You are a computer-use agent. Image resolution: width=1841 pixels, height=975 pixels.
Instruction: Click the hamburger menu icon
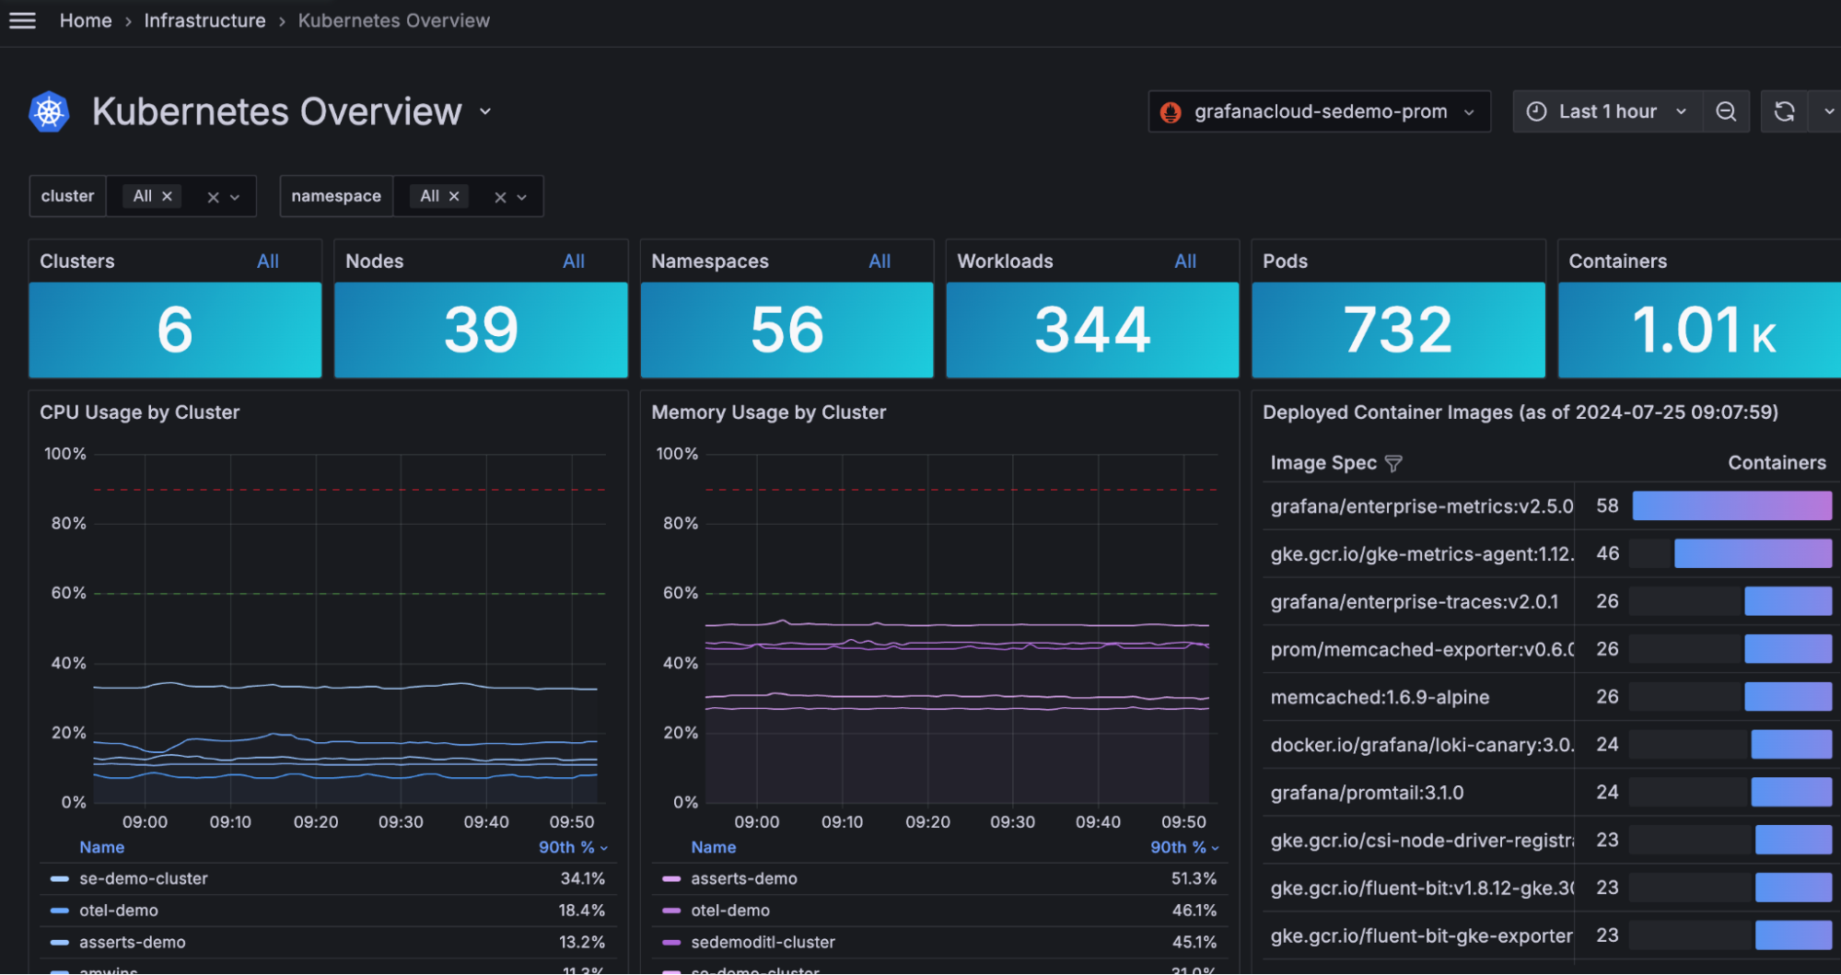22,20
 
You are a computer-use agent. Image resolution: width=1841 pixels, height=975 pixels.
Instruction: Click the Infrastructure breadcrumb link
204,20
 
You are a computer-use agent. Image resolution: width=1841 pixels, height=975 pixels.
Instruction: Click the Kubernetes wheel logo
49,112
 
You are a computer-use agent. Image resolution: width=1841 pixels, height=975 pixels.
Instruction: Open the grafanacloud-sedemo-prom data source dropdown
1319,111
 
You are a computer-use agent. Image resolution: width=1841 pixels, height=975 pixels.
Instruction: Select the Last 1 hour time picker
1607,111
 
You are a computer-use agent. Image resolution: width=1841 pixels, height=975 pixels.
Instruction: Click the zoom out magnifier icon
1726,111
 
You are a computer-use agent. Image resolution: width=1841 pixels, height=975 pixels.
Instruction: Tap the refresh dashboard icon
1784,111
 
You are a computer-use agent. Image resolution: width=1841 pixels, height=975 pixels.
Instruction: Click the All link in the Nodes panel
573,261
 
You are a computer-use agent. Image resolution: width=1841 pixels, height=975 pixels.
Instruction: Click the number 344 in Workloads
1092,330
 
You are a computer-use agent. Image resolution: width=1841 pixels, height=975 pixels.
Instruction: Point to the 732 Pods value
1397,330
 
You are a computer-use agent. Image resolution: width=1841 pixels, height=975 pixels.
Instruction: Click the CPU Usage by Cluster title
139,412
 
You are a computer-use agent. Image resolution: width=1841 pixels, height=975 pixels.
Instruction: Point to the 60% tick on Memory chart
680,593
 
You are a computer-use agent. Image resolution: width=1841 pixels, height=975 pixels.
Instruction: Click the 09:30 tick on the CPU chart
401,822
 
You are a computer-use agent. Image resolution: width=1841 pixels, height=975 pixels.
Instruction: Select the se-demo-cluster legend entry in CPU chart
143,878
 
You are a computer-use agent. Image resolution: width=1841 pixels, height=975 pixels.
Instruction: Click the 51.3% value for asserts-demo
1193,878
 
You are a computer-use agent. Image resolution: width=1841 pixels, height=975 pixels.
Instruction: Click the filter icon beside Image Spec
1393,463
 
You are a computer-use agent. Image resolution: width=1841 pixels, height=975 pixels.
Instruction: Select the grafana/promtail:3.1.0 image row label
1367,793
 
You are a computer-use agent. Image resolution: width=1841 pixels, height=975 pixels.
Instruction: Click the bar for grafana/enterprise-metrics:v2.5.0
1731,505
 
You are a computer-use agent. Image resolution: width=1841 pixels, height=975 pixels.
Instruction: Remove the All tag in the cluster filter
167,196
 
